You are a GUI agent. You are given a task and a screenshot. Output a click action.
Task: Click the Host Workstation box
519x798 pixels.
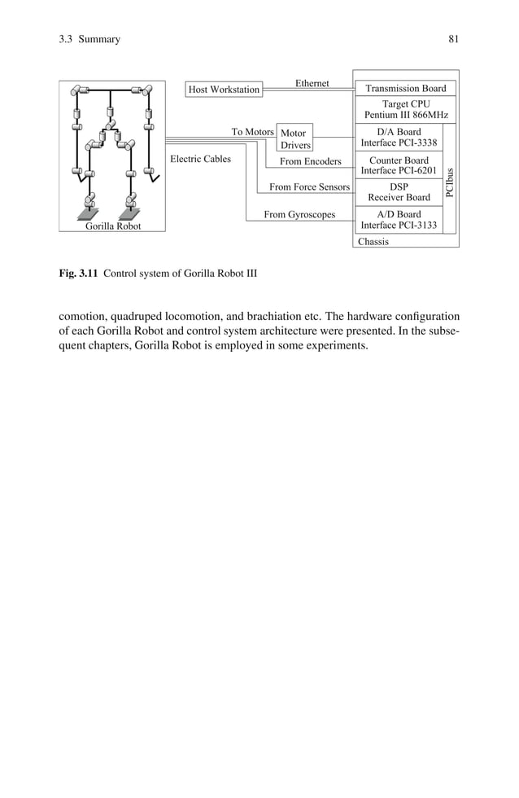(224, 89)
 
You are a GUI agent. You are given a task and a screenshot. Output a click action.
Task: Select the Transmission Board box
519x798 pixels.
(405, 88)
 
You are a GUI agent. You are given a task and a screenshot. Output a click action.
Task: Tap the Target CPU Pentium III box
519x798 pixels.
(405, 110)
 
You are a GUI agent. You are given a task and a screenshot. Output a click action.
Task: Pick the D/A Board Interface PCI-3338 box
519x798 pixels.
(399, 138)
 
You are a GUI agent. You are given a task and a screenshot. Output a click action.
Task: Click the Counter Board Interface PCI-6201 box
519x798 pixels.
(399, 165)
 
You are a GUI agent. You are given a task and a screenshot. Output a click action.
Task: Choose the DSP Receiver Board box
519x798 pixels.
(399, 192)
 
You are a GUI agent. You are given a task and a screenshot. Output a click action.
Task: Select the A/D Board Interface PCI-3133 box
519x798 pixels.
(399, 220)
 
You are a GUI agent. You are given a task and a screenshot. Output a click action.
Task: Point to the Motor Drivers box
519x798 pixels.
(295, 139)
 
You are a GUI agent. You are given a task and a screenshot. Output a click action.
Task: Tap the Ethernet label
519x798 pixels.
(312, 83)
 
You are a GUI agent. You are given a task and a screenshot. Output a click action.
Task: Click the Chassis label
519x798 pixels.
(373, 241)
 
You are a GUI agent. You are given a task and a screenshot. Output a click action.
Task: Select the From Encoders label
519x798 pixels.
(310, 161)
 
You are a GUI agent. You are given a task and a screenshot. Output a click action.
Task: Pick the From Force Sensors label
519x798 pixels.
(309, 187)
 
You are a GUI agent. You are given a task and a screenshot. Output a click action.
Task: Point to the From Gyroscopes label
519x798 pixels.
(299, 215)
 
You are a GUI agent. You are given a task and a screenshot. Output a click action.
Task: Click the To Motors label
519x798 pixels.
(252, 132)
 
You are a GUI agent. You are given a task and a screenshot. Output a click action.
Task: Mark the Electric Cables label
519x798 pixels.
(200, 160)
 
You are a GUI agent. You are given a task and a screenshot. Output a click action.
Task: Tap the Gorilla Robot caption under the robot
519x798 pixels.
(113, 226)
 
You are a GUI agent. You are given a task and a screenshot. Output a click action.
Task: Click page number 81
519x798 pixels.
(453, 39)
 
